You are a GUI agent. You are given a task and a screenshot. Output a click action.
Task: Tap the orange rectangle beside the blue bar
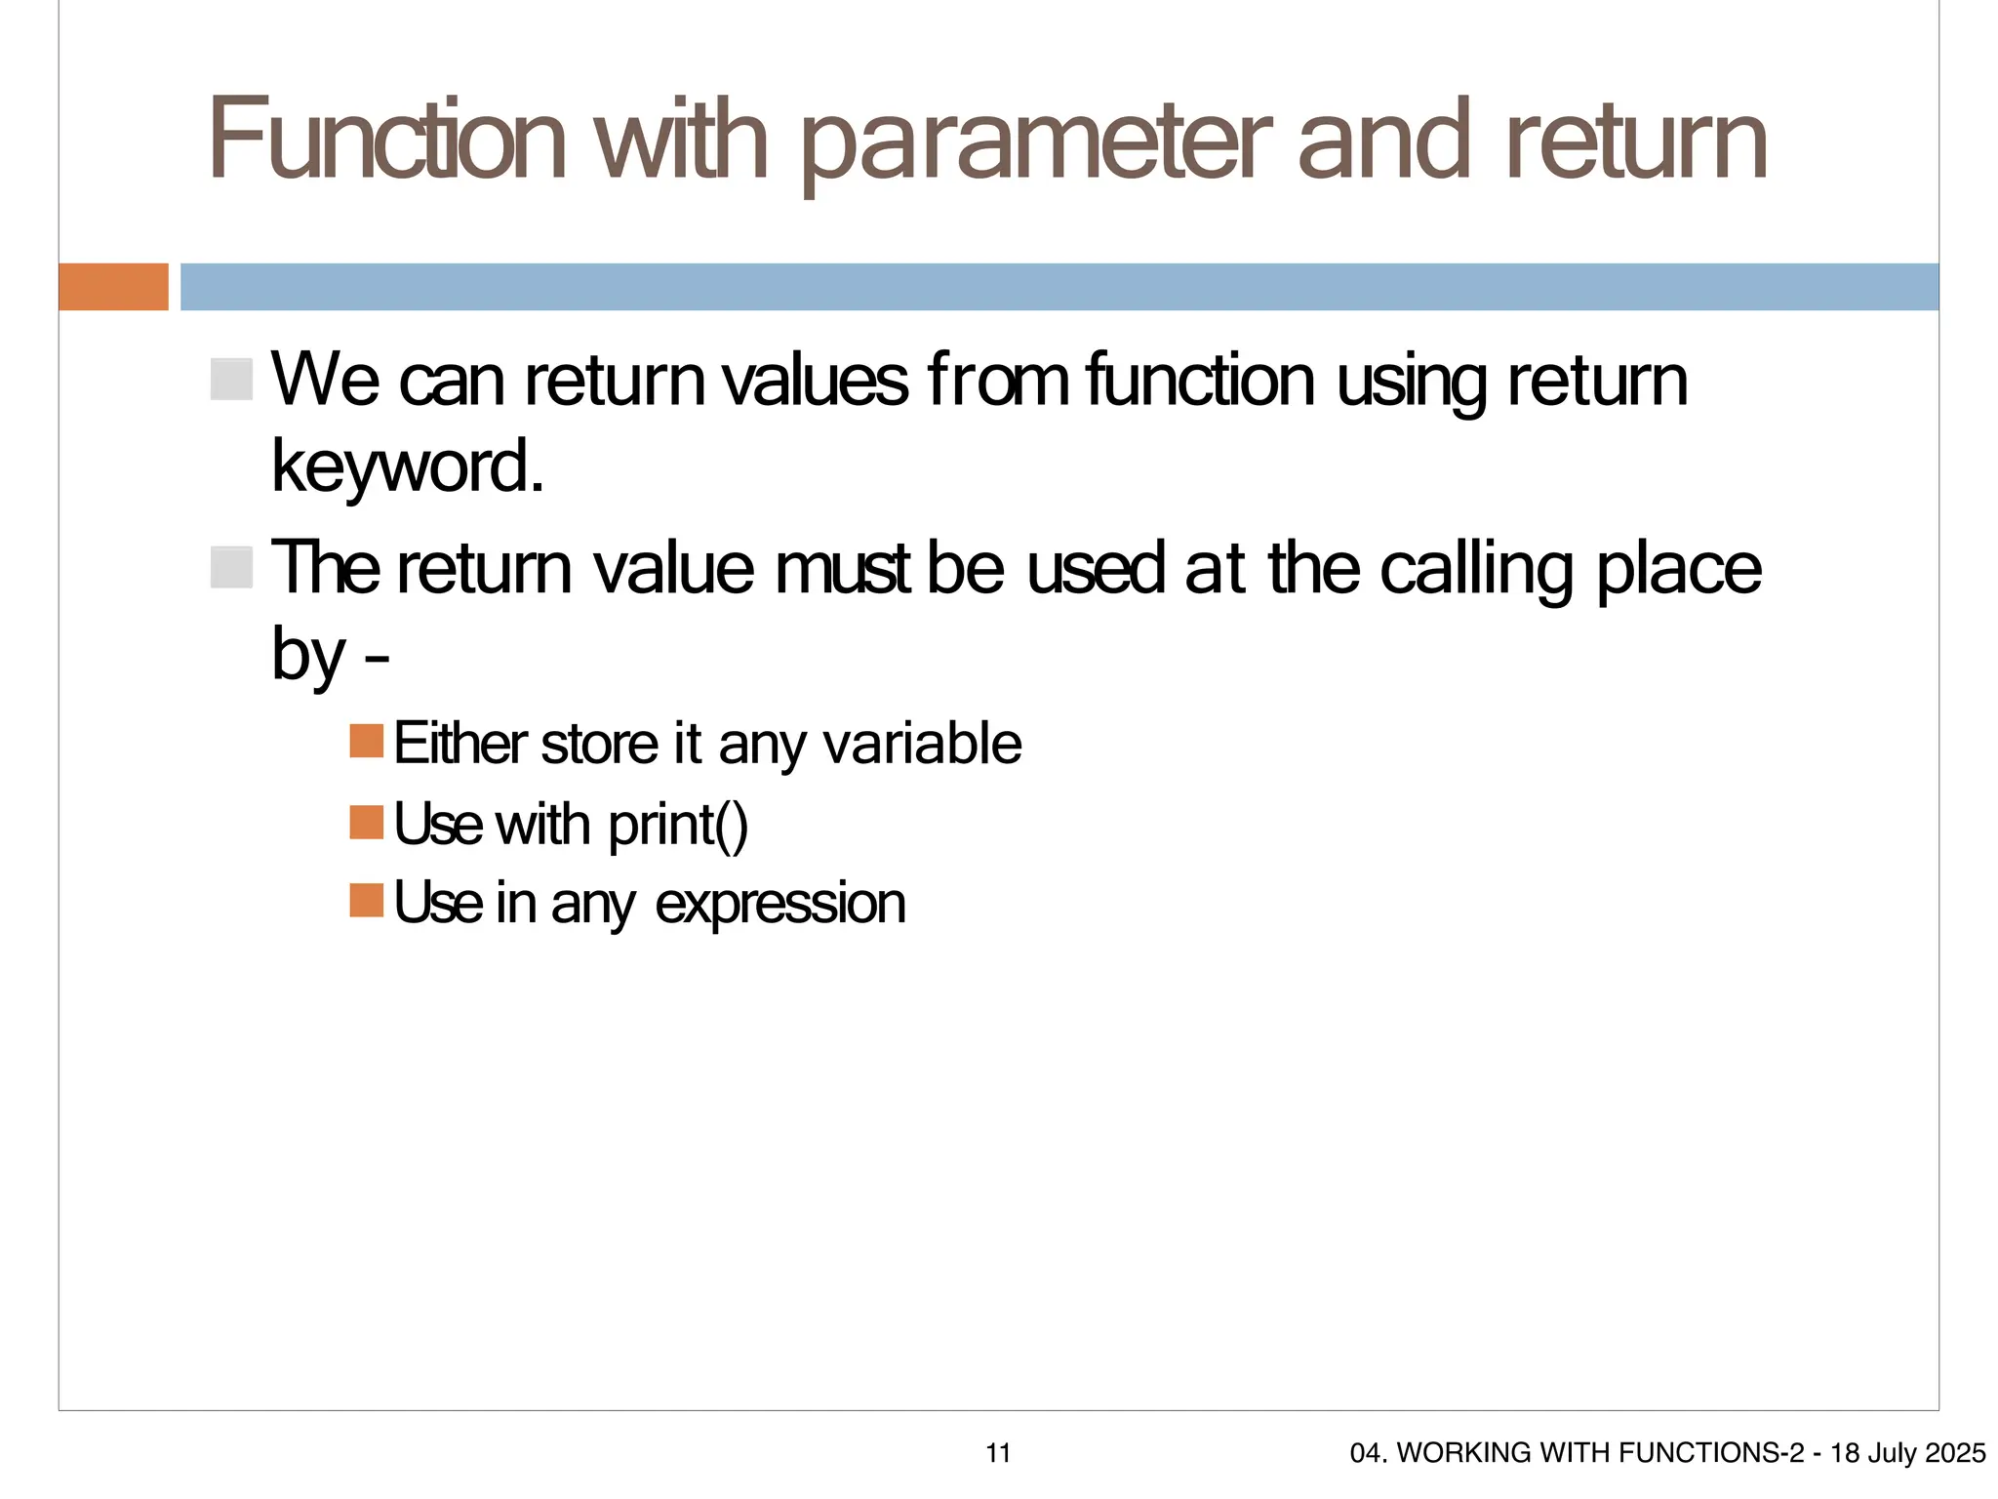tap(113, 287)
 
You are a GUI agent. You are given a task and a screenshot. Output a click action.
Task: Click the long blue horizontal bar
tap(1059, 287)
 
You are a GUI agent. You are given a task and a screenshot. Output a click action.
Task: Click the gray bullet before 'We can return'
tap(231, 379)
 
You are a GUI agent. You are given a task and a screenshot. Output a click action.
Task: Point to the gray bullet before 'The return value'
tap(231, 567)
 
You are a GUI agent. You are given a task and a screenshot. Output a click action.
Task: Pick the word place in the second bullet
tap(1679, 569)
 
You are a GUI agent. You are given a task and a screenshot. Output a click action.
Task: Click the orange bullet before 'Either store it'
tap(367, 741)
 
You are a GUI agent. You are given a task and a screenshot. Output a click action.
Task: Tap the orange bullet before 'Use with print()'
tap(367, 822)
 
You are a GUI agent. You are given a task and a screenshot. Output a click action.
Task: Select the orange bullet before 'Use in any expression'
tap(367, 900)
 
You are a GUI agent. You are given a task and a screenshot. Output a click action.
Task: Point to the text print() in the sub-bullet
tap(678, 826)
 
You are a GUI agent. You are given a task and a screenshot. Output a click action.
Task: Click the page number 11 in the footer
tap(998, 1453)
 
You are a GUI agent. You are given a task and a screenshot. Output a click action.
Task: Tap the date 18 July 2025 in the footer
tap(1907, 1453)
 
